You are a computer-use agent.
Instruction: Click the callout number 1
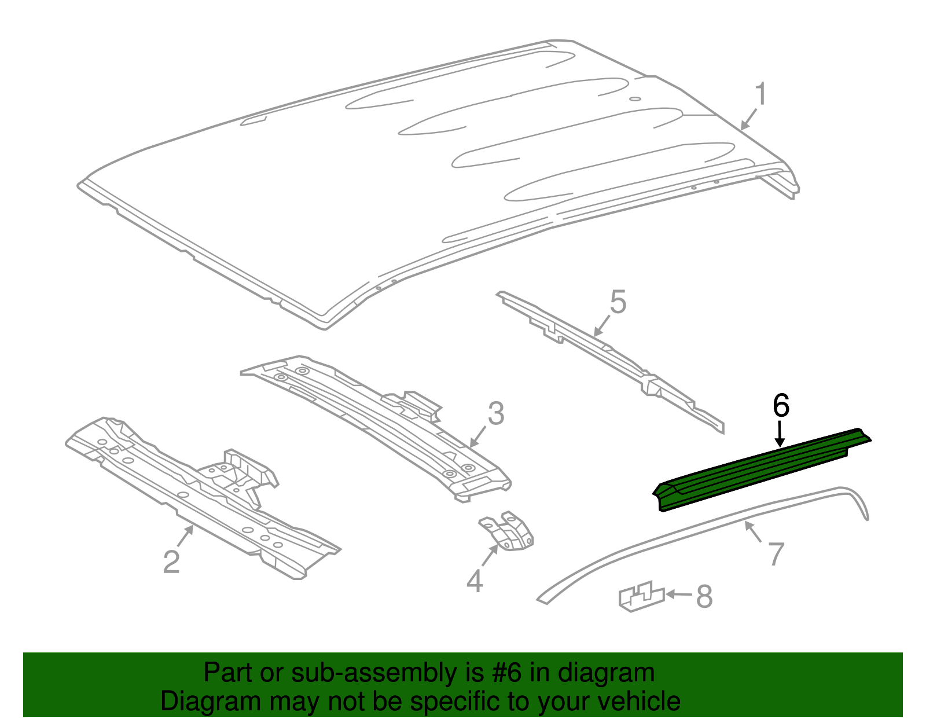(761, 94)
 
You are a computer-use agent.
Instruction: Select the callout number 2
(171, 561)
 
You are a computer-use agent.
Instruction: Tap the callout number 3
(496, 414)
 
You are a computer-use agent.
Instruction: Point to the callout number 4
(475, 581)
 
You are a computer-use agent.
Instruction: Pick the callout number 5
(618, 303)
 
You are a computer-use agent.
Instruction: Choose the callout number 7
(776, 553)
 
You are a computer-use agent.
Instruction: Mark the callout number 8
(704, 596)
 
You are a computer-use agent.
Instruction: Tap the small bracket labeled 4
(508, 533)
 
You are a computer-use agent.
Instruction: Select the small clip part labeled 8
(641, 596)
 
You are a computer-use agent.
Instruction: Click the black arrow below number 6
(780, 435)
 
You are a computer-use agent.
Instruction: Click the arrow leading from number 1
(748, 119)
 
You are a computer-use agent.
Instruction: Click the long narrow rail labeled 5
(613, 359)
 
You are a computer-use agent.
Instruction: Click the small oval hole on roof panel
(635, 99)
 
